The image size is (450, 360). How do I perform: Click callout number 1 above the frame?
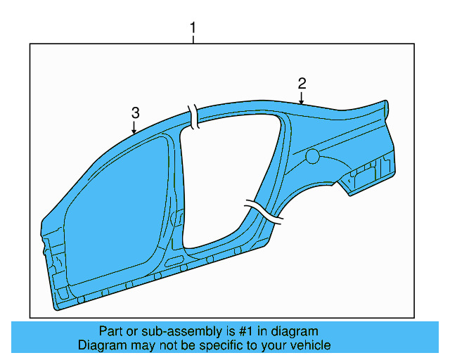(193, 29)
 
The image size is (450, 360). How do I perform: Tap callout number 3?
(135, 112)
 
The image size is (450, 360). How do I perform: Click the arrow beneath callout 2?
(302, 98)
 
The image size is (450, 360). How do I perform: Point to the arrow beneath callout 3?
(135, 127)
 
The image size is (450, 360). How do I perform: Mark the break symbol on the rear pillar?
(264, 212)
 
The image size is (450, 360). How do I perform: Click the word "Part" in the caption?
(112, 331)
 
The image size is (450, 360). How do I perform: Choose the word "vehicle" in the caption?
(311, 345)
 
